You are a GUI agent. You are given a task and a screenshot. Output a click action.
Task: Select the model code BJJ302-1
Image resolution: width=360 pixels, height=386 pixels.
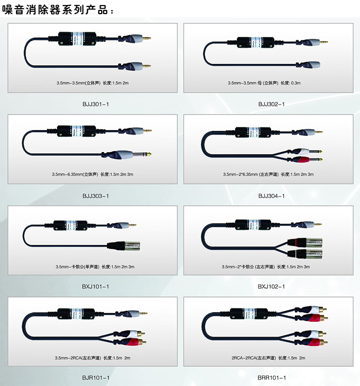(x=271, y=104)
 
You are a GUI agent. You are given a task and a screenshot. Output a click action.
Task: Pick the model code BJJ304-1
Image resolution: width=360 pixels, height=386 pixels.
(x=271, y=196)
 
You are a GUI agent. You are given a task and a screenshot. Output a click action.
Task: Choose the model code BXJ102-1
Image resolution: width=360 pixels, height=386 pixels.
(x=271, y=287)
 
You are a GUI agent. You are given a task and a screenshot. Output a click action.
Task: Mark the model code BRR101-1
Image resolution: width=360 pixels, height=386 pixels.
(x=271, y=378)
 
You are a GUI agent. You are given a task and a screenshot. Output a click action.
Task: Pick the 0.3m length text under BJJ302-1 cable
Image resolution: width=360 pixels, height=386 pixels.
(x=296, y=83)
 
